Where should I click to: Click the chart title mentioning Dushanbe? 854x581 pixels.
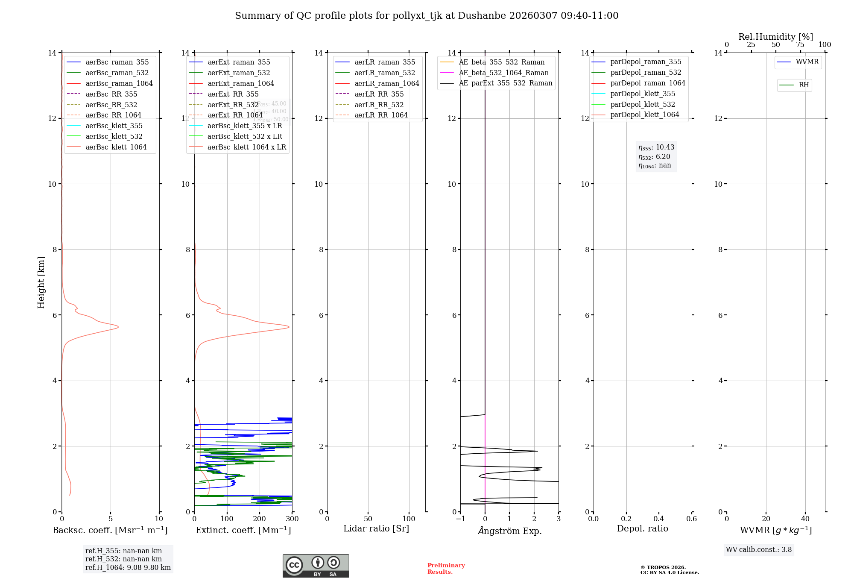[427, 16]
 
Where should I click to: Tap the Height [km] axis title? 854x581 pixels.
[41, 282]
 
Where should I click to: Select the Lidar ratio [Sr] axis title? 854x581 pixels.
[376, 528]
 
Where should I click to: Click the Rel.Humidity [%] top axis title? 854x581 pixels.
[775, 37]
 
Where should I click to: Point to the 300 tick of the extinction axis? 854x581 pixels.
[292, 519]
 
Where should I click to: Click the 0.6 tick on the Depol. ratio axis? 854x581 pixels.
[691, 519]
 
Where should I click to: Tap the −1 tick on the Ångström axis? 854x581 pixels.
[460, 519]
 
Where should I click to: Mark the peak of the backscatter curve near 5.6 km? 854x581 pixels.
[118, 327]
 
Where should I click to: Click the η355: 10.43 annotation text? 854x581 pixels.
[656, 147]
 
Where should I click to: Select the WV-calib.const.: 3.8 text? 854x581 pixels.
[759, 550]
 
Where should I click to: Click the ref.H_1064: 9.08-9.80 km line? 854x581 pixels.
[128, 568]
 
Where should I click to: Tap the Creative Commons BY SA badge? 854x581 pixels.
[316, 566]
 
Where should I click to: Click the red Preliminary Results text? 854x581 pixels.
[446, 569]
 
